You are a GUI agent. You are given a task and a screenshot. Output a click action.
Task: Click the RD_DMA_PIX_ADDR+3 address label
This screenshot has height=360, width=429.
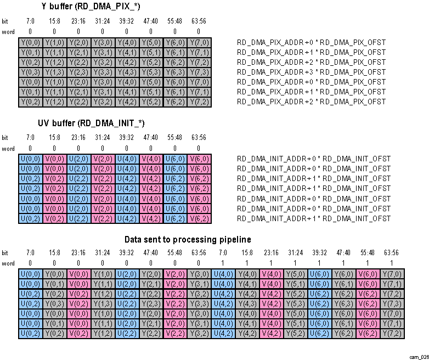tap(311, 72)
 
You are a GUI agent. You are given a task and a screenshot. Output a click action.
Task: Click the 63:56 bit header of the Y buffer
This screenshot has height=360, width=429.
tap(199, 21)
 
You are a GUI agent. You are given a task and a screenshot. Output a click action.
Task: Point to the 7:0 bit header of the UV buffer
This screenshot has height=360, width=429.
tap(30, 137)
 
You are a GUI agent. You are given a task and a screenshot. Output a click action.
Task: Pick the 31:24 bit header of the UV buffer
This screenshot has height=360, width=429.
tap(103, 137)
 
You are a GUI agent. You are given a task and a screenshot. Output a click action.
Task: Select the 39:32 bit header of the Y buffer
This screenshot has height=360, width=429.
tap(127, 21)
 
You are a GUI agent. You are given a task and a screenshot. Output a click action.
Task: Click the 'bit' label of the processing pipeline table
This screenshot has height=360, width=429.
tap(5, 253)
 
